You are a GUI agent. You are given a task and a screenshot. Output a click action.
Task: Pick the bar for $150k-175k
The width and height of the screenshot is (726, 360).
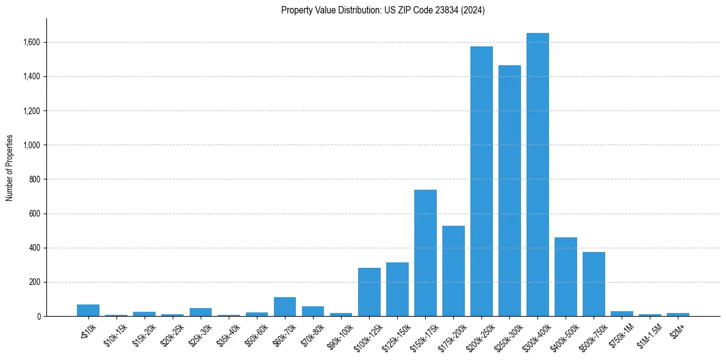pos(425,253)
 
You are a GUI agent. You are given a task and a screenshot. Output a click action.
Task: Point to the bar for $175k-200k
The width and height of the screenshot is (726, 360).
pos(453,271)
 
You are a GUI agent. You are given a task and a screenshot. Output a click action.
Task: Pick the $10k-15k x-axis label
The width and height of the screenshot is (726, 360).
pos(115,332)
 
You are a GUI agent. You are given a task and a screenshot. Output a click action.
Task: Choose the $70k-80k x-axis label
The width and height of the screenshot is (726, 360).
pos(312,332)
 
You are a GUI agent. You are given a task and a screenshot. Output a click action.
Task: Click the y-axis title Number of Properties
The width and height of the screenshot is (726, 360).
pos(10,168)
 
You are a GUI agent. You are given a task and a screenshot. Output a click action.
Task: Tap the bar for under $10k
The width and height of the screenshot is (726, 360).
pos(88,310)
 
